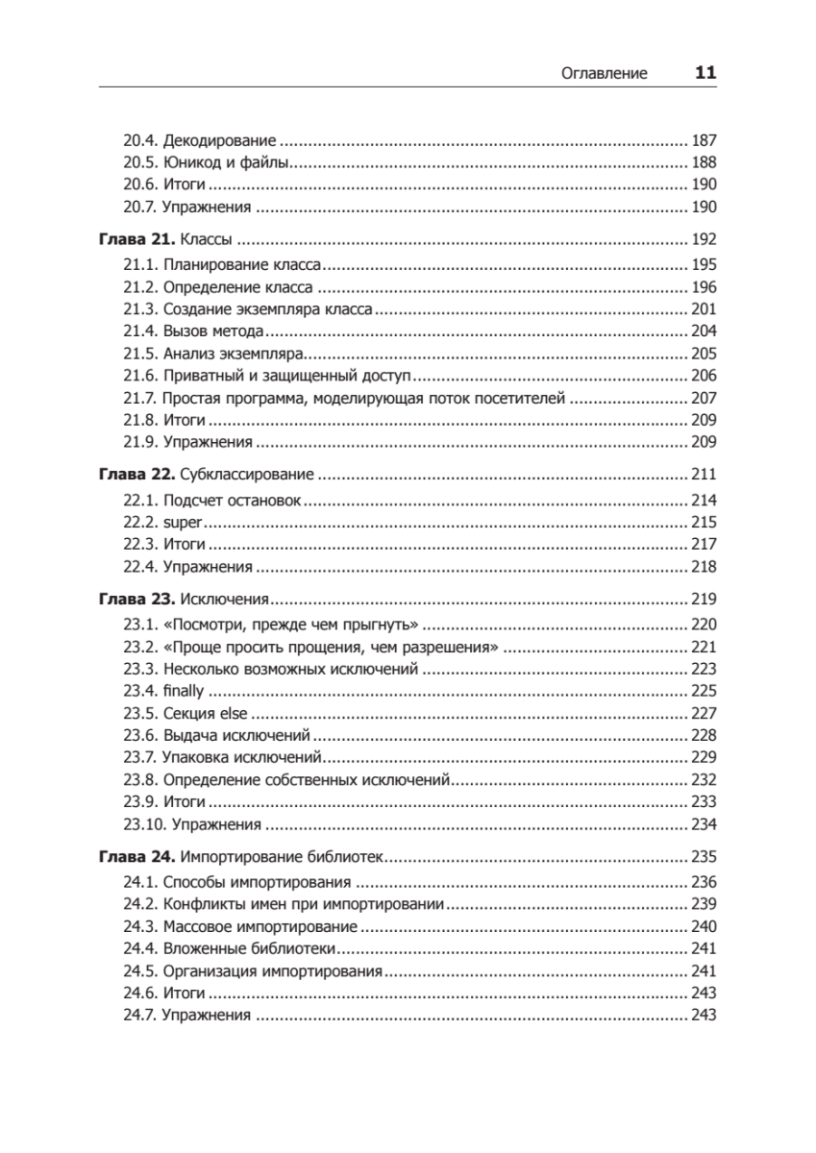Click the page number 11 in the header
(x=705, y=72)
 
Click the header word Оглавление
(x=604, y=73)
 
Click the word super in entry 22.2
(x=184, y=523)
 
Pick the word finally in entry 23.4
(x=185, y=690)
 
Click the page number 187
(x=705, y=139)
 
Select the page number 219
(x=705, y=600)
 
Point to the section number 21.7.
(x=139, y=397)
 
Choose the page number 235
(x=705, y=857)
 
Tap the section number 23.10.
(x=143, y=824)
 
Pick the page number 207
(x=705, y=397)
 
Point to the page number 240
(x=705, y=926)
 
